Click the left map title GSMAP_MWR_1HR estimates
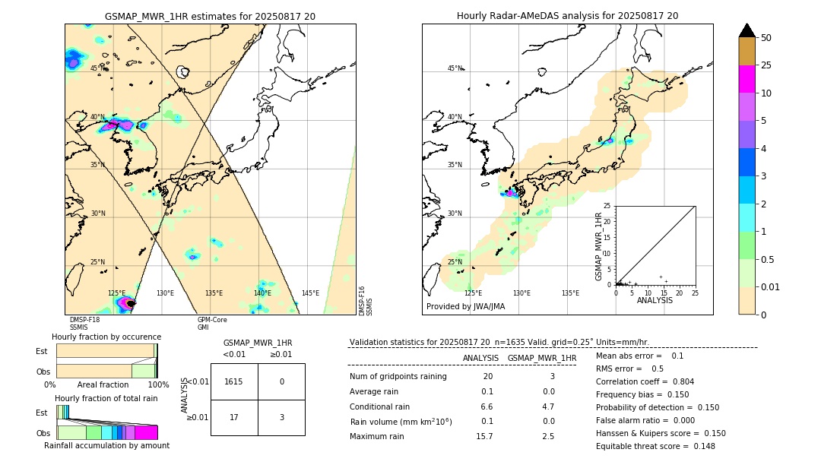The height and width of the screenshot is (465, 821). point(210,15)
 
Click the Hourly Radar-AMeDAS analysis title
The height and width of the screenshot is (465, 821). point(567,15)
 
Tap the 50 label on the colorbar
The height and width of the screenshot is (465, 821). point(766,38)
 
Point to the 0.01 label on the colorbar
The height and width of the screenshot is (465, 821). point(770,286)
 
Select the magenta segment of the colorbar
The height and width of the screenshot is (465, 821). point(747,79)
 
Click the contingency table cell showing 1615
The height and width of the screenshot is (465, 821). point(234,381)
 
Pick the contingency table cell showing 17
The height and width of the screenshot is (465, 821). point(234,417)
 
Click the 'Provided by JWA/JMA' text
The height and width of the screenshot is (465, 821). point(465,307)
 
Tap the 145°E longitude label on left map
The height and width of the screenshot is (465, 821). point(310,293)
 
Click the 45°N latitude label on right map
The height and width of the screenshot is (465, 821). point(455,68)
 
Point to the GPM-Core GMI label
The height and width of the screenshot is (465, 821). point(212,324)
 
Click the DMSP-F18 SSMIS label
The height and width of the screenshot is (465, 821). point(84,324)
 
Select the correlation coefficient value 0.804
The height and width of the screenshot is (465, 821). point(678,381)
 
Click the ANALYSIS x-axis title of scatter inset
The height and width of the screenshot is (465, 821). point(655,300)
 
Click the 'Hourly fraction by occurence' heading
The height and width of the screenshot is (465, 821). point(106,337)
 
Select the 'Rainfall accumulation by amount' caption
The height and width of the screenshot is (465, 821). point(106,445)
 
